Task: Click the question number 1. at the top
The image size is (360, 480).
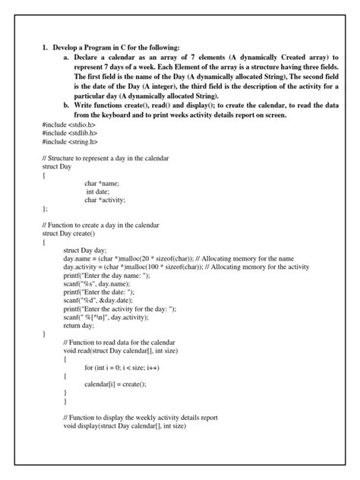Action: [46, 48]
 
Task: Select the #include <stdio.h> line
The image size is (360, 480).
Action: [70, 125]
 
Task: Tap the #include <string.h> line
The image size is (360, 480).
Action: [71, 142]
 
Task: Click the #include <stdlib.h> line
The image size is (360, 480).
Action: [71, 133]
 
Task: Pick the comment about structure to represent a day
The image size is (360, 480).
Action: [106, 158]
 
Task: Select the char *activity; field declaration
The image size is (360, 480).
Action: [105, 201]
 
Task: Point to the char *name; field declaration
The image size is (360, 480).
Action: [102, 184]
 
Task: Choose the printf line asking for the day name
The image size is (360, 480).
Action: [107, 276]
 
